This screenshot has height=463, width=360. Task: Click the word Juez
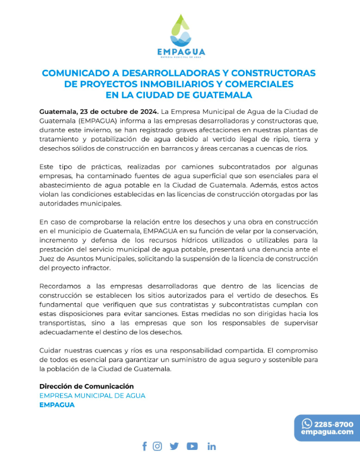pos(49,259)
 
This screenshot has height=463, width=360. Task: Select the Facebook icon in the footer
pos(144,446)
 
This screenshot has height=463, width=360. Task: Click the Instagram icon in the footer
pos(157,446)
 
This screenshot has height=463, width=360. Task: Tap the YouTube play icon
pos(192,446)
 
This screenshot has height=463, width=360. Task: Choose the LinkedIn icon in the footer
pos(211,446)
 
